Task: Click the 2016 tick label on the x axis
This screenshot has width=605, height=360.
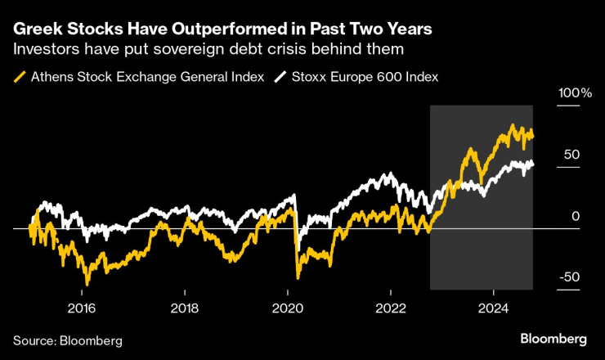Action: (82, 308)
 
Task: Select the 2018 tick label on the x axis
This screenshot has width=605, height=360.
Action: (185, 308)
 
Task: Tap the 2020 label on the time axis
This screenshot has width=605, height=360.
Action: (288, 308)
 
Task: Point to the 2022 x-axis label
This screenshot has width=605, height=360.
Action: (391, 308)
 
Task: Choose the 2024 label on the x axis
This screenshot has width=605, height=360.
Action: (493, 308)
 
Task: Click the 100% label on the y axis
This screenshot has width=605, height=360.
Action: (575, 93)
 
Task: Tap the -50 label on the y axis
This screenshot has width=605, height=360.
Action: (570, 277)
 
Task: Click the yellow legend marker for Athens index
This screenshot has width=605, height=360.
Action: (19, 78)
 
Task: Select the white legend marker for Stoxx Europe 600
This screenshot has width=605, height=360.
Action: (280, 78)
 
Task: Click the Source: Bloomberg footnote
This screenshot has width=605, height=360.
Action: (67, 340)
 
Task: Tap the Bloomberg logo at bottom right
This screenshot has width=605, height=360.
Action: (553, 338)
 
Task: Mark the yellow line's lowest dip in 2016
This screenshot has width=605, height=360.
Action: (87, 284)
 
